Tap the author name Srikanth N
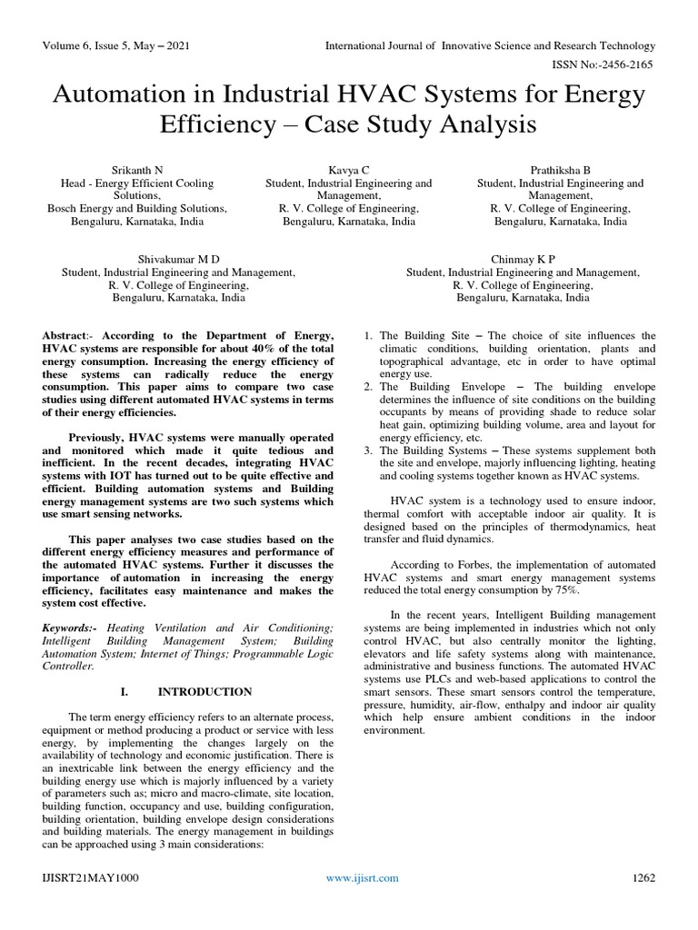137,170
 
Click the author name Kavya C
348,170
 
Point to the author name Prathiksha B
560,170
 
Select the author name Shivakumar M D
177,259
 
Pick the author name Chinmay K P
523,259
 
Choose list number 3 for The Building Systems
367,450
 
